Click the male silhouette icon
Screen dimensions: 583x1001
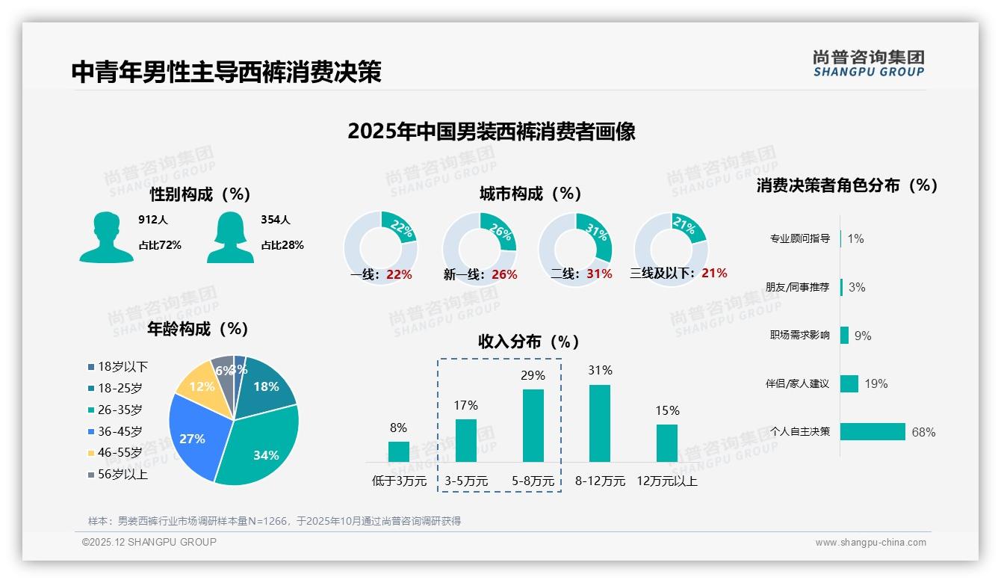coord(106,237)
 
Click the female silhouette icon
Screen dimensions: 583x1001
coord(230,237)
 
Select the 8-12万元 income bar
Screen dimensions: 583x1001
coord(599,423)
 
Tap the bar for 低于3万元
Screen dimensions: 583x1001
coord(398,451)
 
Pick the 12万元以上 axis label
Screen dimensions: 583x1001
coord(666,481)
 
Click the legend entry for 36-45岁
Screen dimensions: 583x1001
coord(115,431)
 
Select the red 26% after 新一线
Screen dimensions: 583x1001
coord(504,274)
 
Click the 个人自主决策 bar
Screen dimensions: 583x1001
coord(873,431)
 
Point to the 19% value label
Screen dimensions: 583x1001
coord(876,383)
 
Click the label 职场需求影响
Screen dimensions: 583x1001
coord(799,335)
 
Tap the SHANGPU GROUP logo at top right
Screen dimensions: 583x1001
coord(868,63)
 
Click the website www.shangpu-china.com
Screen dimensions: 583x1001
coord(870,543)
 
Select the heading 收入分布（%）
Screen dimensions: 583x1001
coord(529,342)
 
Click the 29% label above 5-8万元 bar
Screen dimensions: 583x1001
coord(533,375)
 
